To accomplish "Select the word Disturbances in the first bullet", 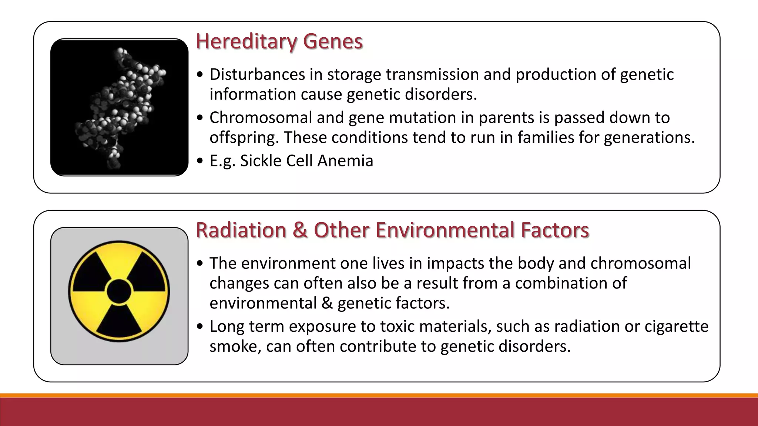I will point(257,74).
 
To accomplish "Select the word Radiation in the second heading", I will point(241,230).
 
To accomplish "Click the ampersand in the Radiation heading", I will point(300,230).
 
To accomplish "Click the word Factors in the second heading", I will point(555,230).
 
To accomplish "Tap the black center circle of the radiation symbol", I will point(119,291).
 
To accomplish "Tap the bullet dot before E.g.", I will point(200,161).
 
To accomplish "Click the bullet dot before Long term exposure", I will point(200,327).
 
